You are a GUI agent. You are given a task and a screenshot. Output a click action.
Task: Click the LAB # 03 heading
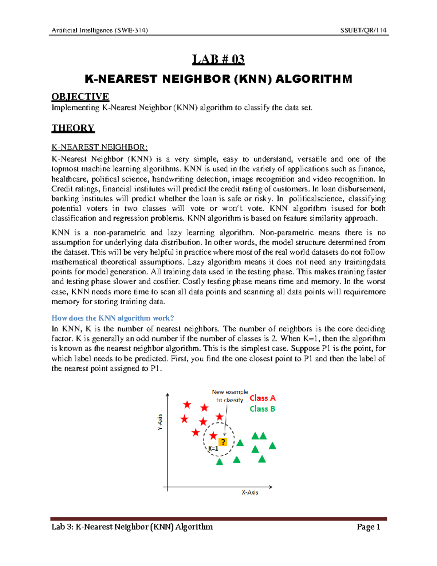point(218,59)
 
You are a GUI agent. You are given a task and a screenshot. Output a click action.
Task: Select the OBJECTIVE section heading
point(80,97)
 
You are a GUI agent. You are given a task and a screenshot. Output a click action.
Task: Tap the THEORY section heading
point(73,128)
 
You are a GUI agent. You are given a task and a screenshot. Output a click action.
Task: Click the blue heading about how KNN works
point(113,318)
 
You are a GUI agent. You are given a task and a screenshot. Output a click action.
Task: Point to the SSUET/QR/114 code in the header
point(363,30)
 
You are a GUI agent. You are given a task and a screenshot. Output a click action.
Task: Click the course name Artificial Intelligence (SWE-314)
point(99,30)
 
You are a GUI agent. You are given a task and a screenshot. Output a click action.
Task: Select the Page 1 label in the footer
point(368,527)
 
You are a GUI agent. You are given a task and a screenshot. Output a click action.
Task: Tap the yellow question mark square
point(223,442)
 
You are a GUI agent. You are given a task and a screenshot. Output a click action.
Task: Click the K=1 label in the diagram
point(213,449)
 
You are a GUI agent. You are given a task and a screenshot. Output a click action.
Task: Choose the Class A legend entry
point(262,398)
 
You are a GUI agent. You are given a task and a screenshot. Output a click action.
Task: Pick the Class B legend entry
point(262,409)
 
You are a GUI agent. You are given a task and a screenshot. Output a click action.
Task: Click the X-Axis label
point(250,492)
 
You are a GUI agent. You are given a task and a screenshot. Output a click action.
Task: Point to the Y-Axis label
point(160,422)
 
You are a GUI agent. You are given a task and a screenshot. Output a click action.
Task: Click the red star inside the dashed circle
point(213,436)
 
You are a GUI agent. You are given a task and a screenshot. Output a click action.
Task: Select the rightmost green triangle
point(272,446)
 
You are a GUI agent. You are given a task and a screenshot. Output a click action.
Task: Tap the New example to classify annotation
point(230,396)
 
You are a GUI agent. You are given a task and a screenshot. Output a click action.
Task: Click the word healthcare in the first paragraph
point(70,179)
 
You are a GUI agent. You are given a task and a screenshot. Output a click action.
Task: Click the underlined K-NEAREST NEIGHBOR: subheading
point(99,147)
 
